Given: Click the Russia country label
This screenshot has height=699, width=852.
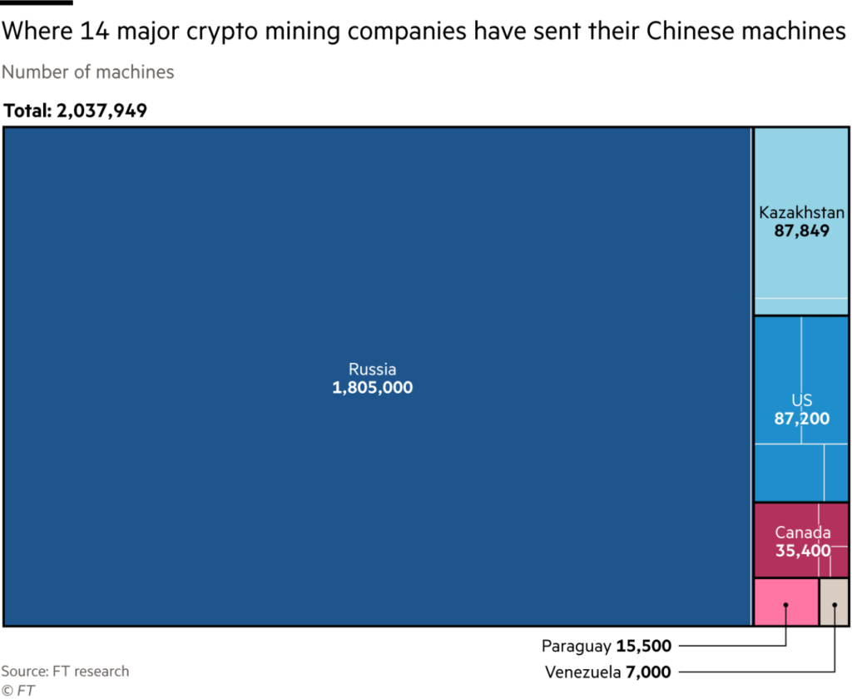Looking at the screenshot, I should click(372, 369).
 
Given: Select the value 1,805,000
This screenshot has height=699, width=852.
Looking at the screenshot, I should click(372, 388).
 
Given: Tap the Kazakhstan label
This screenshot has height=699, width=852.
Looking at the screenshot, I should click(801, 213).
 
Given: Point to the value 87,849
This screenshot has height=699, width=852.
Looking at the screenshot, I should click(801, 231).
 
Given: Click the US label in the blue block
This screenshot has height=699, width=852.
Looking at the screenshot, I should click(801, 401).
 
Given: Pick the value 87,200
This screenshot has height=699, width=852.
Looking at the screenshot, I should click(801, 419).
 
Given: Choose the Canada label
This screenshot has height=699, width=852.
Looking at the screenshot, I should click(802, 533).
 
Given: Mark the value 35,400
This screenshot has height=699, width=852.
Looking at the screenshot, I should click(802, 550).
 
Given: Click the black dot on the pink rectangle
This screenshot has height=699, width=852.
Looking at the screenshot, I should click(785, 605).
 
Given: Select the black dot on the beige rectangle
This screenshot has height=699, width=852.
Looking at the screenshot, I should click(834, 605).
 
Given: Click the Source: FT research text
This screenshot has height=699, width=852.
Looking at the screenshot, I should click(65, 672).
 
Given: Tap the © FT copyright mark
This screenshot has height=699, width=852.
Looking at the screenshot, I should click(17, 690).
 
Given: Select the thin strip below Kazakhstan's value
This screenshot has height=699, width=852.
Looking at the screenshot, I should click(801, 305).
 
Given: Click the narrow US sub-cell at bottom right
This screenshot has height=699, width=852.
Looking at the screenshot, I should click(835, 472).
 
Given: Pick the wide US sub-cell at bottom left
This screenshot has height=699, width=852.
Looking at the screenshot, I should click(789, 472).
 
